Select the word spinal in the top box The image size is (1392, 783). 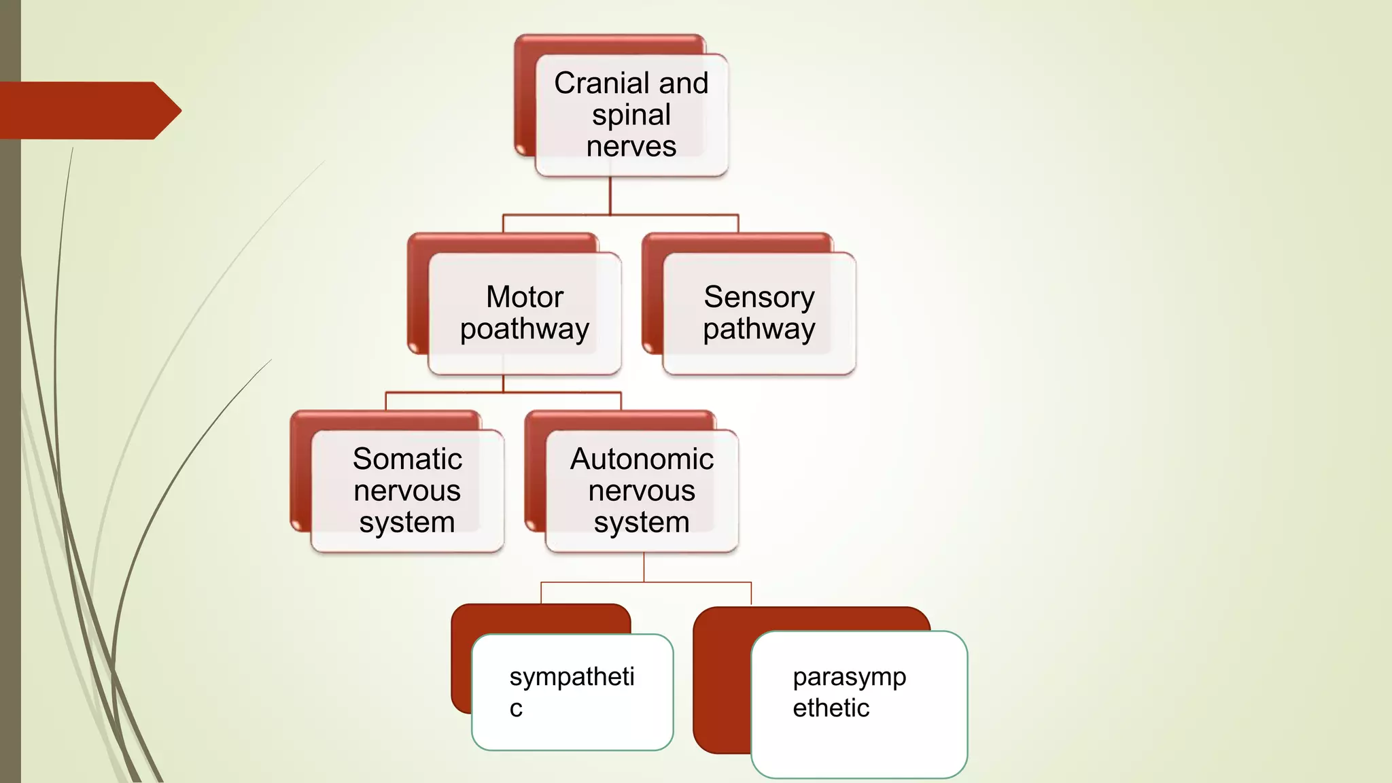click(x=631, y=115)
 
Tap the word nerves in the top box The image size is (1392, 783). click(x=631, y=147)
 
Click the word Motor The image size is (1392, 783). click(x=525, y=297)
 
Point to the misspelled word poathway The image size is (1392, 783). click(x=525, y=329)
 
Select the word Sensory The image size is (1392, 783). click(x=759, y=297)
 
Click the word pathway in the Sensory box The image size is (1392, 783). click(x=759, y=329)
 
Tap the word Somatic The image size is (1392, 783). click(x=407, y=459)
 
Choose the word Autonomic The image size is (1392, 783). click(x=642, y=459)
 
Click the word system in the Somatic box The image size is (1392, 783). click(x=407, y=523)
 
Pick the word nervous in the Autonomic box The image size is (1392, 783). click(x=642, y=491)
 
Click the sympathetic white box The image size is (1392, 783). click(x=572, y=720)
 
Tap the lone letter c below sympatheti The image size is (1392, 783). click(x=516, y=709)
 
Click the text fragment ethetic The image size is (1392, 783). click(x=831, y=708)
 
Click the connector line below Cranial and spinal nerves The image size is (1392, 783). click(x=610, y=196)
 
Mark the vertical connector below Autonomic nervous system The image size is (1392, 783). click(x=644, y=567)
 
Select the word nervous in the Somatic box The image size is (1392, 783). click(x=407, y=491)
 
